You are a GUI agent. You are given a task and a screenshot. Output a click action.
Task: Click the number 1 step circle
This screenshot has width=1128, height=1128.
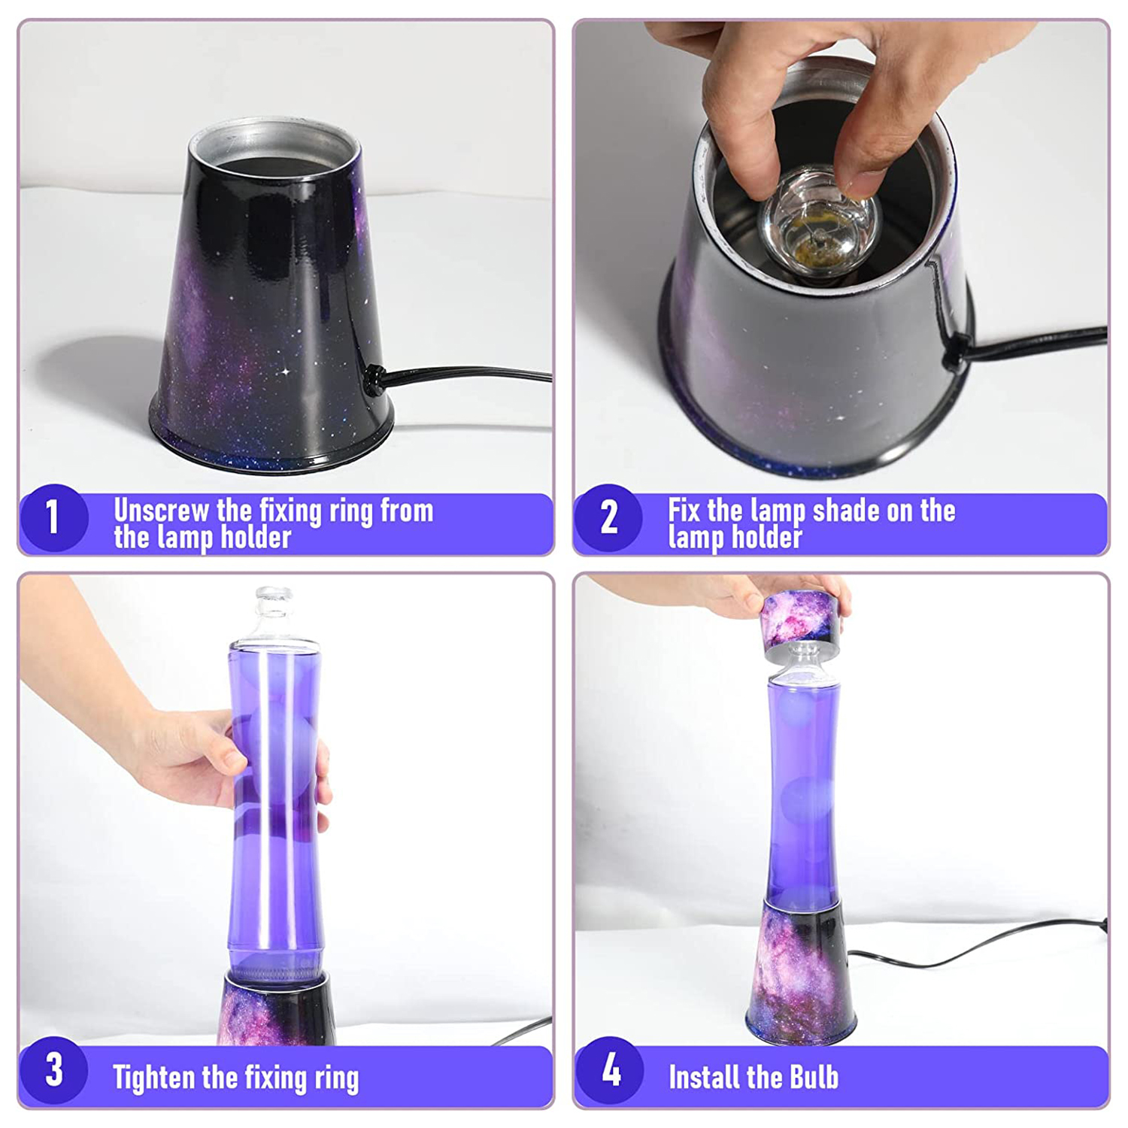tap(54, 517)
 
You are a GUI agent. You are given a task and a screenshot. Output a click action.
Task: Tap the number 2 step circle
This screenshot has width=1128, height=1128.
tap(608, 517)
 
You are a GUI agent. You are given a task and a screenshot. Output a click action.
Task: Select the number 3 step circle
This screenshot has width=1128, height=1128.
tap(54, 1070)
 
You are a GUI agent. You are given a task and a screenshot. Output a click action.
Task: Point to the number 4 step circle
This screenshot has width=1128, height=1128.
tap(610, 1070)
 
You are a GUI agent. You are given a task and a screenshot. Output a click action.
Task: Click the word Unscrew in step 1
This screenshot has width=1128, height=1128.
tap(161, 511)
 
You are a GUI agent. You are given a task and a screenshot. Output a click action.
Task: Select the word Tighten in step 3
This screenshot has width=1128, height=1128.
tap(156, 1078)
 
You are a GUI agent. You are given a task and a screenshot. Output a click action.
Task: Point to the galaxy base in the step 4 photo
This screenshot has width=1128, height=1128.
tap(802, 970)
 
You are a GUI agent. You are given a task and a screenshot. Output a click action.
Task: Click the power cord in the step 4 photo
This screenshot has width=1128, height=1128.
tap(978, 944)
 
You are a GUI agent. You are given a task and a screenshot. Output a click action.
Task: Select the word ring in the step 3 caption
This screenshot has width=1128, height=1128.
tap(336, 1078)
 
